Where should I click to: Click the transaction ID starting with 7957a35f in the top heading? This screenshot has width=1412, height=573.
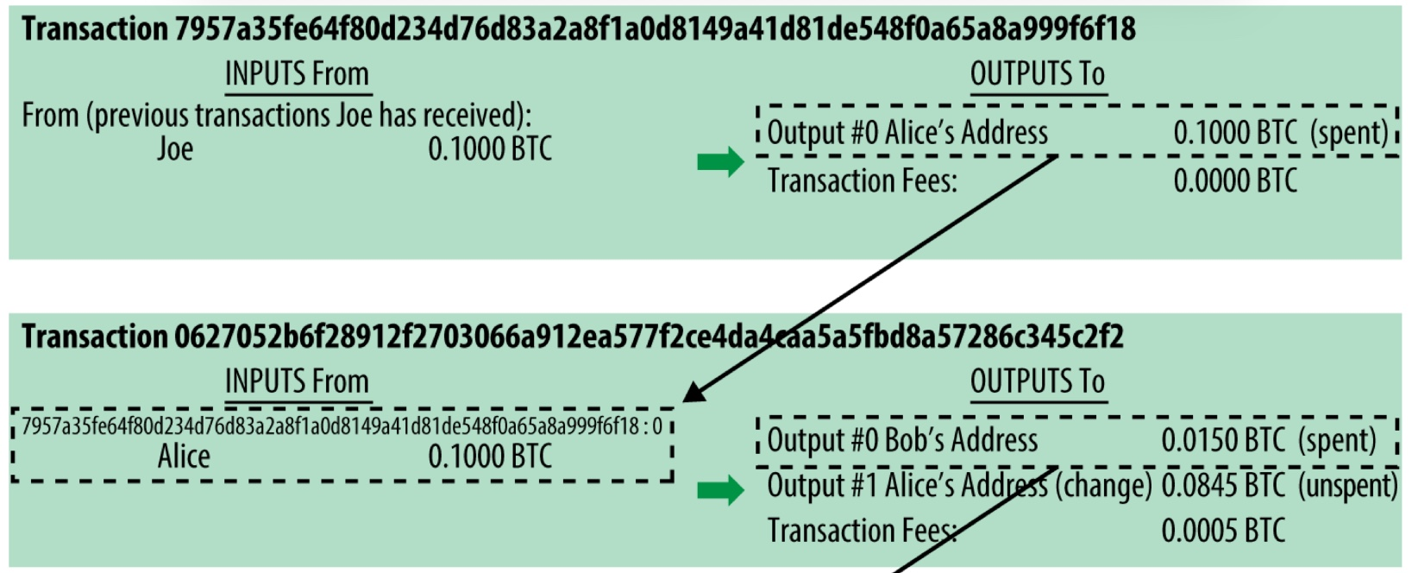point(655,29)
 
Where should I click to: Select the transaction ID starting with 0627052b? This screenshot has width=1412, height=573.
point(649,337)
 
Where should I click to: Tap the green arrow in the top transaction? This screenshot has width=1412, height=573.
point(720,161)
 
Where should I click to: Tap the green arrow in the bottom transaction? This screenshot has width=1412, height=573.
point(720,490)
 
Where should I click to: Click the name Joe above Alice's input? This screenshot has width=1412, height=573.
point(175,149)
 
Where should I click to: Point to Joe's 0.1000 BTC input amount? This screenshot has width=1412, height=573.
point(490,149)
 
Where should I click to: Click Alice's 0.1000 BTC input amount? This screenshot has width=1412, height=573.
point(490,457)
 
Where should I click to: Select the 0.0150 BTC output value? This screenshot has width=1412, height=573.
point(1223,440)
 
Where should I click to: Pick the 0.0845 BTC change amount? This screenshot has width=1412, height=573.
point(1223,486)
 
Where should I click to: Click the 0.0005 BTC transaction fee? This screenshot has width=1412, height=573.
point(1223,531)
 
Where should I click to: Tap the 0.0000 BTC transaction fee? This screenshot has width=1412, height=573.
point(1235,181)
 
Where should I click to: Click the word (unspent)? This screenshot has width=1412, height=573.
point(1347,486)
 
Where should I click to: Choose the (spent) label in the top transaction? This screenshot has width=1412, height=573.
point(1349,133)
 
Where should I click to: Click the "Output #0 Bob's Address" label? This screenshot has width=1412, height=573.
point(902,440)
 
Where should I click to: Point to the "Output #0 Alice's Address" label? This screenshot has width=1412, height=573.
point(907,133)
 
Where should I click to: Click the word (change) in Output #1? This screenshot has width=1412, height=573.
point(1103,486)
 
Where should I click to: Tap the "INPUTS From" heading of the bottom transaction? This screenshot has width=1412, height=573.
point(297,381)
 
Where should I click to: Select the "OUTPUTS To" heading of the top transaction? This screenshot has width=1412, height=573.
point(1038,74)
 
